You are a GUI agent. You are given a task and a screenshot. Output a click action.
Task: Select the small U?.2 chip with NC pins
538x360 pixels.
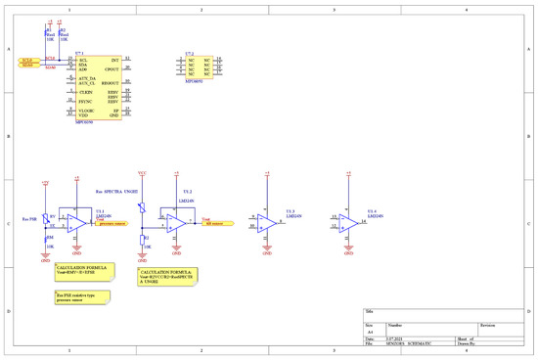coord(193,67)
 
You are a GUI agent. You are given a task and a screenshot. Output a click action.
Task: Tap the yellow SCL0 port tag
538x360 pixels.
coord(26,60)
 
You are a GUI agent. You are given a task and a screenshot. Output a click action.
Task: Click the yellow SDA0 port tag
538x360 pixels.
coord(26,65)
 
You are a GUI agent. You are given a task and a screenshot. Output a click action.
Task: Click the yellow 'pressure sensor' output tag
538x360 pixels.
coord(112,223)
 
